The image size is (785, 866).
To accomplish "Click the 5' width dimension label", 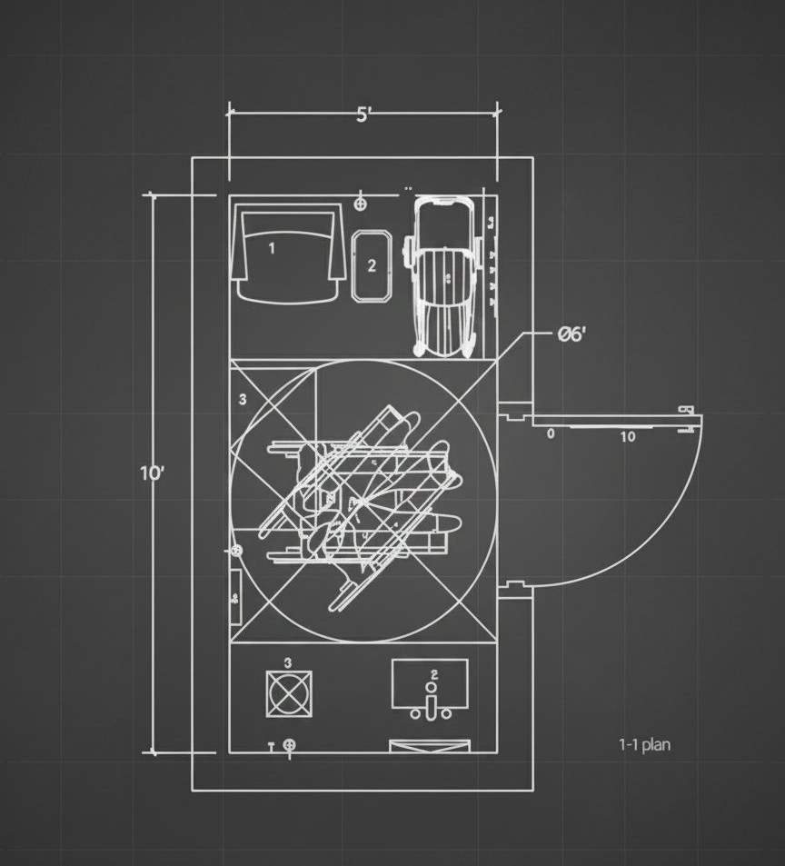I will tap(363, 114).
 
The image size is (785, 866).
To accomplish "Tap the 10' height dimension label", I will tap(153, 473).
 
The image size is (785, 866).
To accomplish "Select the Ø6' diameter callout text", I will tap(571, 333).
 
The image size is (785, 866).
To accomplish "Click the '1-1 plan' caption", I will tap(644, 745).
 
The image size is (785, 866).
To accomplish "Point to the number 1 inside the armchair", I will tap(271, 246).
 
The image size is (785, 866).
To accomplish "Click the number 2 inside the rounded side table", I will tap(372, 266).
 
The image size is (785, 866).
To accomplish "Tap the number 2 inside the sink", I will tap(433, 674).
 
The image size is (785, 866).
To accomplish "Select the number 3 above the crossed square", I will tap(288, 663).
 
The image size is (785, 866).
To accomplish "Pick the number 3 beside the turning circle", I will tap(243, 398).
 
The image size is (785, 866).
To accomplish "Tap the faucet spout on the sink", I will tap(432, 705).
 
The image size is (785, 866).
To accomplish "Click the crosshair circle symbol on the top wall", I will tap(362, 202).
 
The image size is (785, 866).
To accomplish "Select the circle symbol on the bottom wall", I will tap(290, 746).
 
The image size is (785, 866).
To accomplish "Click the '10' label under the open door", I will tap(628, 437).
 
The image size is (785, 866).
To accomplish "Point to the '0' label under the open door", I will tap(551, 434).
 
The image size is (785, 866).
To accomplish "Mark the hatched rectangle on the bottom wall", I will tap(430, 746).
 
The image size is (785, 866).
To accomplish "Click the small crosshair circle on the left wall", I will tap(236, 551).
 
